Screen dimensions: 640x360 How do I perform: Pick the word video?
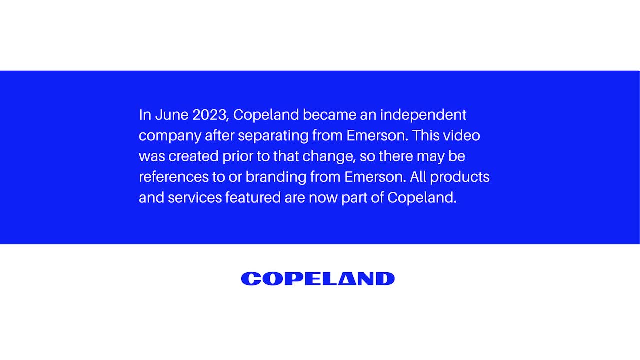(461, 135)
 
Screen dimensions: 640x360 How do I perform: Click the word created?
(193, 156)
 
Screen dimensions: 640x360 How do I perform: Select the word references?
(173, 177)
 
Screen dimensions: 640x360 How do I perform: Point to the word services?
(195, 197)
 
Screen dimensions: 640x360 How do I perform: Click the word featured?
(253, 197)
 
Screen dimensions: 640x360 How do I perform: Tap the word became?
(329, 115)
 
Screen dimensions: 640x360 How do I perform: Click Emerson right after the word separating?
(377, 135)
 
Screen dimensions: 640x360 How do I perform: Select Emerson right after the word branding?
(375, 177)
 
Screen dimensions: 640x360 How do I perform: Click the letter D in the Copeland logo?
(385, 279)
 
